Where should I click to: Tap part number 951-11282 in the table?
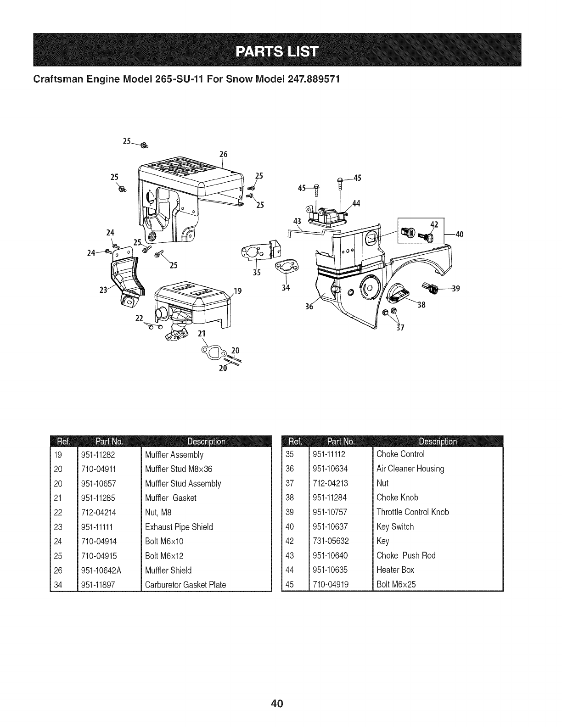click(98, 454)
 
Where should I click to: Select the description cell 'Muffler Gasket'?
click(170, 498)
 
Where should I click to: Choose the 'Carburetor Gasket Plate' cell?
click(185, 585)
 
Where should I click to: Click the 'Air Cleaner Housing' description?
click(410, 469)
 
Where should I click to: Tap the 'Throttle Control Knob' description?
click(412, 512)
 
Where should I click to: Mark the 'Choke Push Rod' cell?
click(406, 555)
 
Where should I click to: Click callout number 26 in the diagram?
click(223, 154)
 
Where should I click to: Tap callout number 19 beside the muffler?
click(238, 291)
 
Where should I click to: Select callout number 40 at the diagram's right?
click(460, 234)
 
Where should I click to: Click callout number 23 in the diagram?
click(103, 289)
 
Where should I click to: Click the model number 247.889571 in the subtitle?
click(301, 78)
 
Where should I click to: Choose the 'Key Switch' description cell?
click(395, 526)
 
